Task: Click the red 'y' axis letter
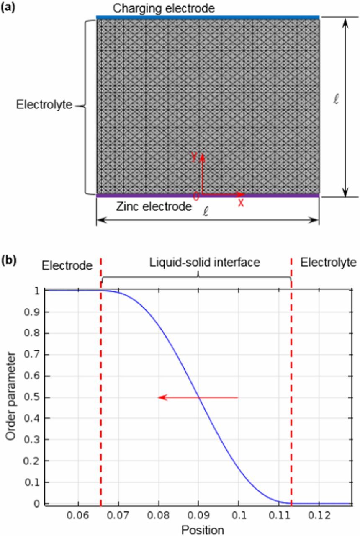[194, 157]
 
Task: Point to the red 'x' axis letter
[241, 203]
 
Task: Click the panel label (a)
[9, 7]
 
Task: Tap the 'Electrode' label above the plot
[67, 265]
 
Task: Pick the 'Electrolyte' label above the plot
[329, 263]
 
